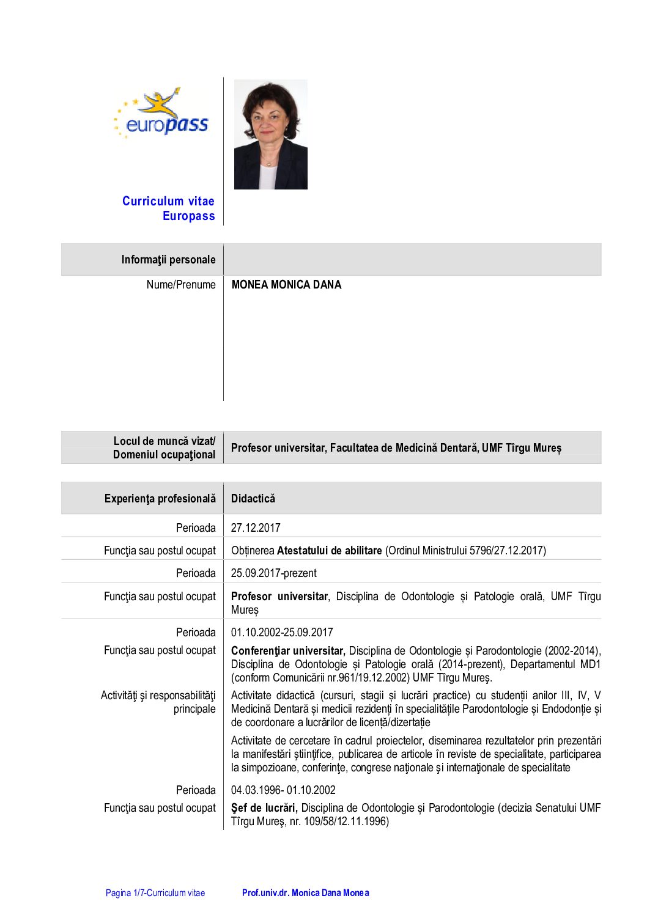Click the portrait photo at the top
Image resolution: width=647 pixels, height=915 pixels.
tap(270, 134)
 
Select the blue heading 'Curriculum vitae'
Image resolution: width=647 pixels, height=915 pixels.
tap(168, 201)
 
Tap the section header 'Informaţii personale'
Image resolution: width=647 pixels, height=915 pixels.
tap(168, 260)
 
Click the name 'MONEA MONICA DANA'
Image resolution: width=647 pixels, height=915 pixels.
tap(286, 285)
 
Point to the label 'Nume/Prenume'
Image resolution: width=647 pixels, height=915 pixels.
tap(181, 285)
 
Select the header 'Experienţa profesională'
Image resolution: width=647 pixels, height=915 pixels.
tap(160, 499)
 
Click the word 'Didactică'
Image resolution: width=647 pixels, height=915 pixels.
tap(253, 499)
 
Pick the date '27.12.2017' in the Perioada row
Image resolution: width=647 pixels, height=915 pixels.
tap(256, 528)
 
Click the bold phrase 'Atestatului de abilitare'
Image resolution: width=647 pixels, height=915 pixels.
tap(329, 551)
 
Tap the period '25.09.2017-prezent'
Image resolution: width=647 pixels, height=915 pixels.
tap(274, 573)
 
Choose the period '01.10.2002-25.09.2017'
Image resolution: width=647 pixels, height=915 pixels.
tap(282, 633)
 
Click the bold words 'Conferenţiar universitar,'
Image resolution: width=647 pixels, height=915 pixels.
tap(288, 651)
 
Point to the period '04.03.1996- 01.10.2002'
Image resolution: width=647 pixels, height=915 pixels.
tap(283, 790)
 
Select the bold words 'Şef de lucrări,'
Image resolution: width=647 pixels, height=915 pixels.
tap(264, 808)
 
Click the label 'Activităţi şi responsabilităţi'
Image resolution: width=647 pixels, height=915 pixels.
tap(158, 696)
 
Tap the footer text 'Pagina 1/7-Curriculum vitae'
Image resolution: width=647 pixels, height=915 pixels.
tap(155, 893)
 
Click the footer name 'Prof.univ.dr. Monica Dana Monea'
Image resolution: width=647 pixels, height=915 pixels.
tap(306, 893)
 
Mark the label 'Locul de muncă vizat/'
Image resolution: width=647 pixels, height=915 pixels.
tap(165, 441)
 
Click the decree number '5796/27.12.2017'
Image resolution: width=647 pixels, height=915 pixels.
tap(505, 551)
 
